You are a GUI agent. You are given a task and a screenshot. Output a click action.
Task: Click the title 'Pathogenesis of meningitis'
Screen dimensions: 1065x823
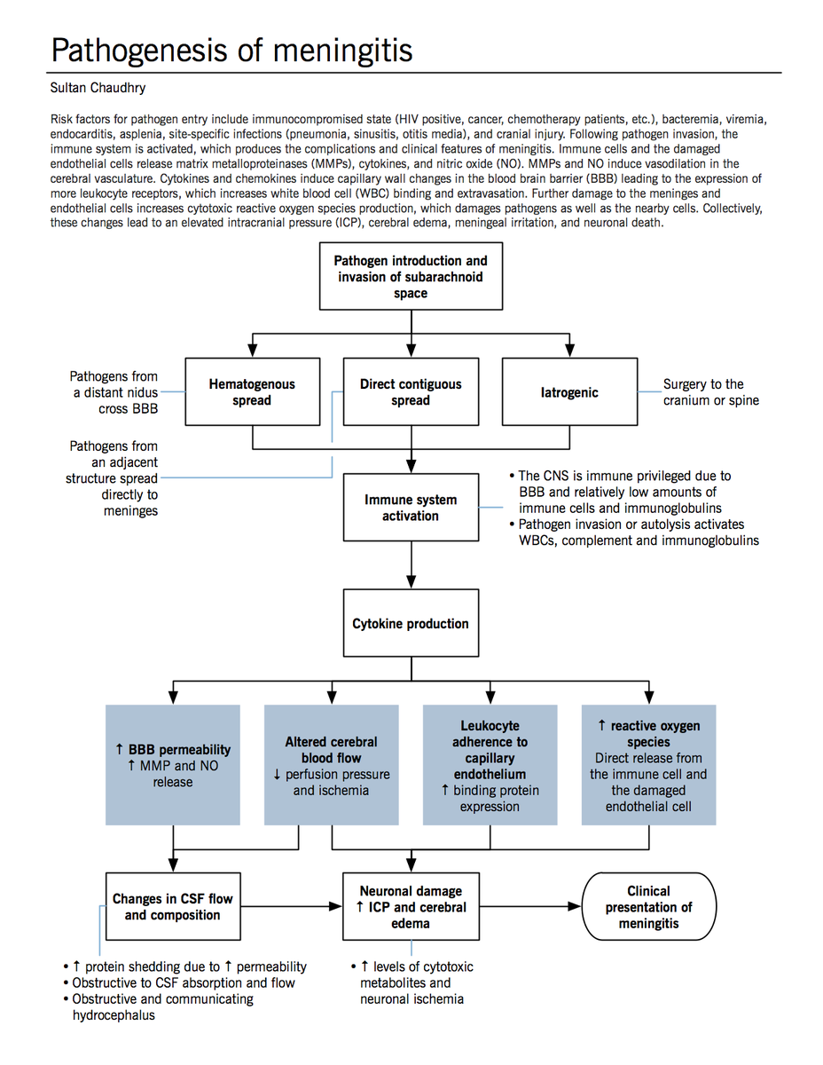(x=231, y=50)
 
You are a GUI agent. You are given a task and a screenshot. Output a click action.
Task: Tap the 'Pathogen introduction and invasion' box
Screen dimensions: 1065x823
(x=410, y=276)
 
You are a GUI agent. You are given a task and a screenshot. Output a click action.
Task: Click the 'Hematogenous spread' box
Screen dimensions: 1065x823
(x=252, y=391)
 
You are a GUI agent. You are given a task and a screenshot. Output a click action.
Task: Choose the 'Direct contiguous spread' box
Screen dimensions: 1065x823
(x=410, y=391)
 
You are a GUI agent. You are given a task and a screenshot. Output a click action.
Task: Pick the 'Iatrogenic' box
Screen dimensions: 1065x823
(x=568, y=391)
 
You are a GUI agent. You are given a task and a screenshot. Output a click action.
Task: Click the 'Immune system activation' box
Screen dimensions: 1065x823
(x=410, y=507)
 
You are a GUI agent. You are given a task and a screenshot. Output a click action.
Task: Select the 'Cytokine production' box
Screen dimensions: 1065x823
(x=410, y=623)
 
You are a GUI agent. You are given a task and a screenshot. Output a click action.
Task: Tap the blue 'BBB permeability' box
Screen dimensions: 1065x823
(x=172, y=765)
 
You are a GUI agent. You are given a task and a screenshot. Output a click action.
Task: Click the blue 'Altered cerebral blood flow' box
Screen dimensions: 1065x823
(x=331, y=765)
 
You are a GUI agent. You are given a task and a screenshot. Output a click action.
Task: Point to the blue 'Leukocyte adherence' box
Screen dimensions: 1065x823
(x=490, y=765)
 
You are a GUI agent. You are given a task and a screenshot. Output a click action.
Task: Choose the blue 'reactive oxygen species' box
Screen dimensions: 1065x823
(x=648, y=765)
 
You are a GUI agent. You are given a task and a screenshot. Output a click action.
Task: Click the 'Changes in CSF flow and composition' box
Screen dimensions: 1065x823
(x=172, y=906)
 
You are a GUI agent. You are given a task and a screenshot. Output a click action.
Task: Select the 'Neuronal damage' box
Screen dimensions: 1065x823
(x=410, y=906)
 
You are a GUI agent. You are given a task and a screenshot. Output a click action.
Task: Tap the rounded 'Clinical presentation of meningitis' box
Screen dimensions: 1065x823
(x=648, y=906)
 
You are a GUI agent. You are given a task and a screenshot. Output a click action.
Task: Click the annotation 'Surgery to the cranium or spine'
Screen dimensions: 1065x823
(x=710, y=391)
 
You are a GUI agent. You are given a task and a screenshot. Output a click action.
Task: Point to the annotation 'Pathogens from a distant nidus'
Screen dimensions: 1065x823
(x=114, y=392)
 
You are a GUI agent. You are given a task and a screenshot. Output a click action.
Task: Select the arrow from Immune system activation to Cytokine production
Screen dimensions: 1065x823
(x=411, y=565)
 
